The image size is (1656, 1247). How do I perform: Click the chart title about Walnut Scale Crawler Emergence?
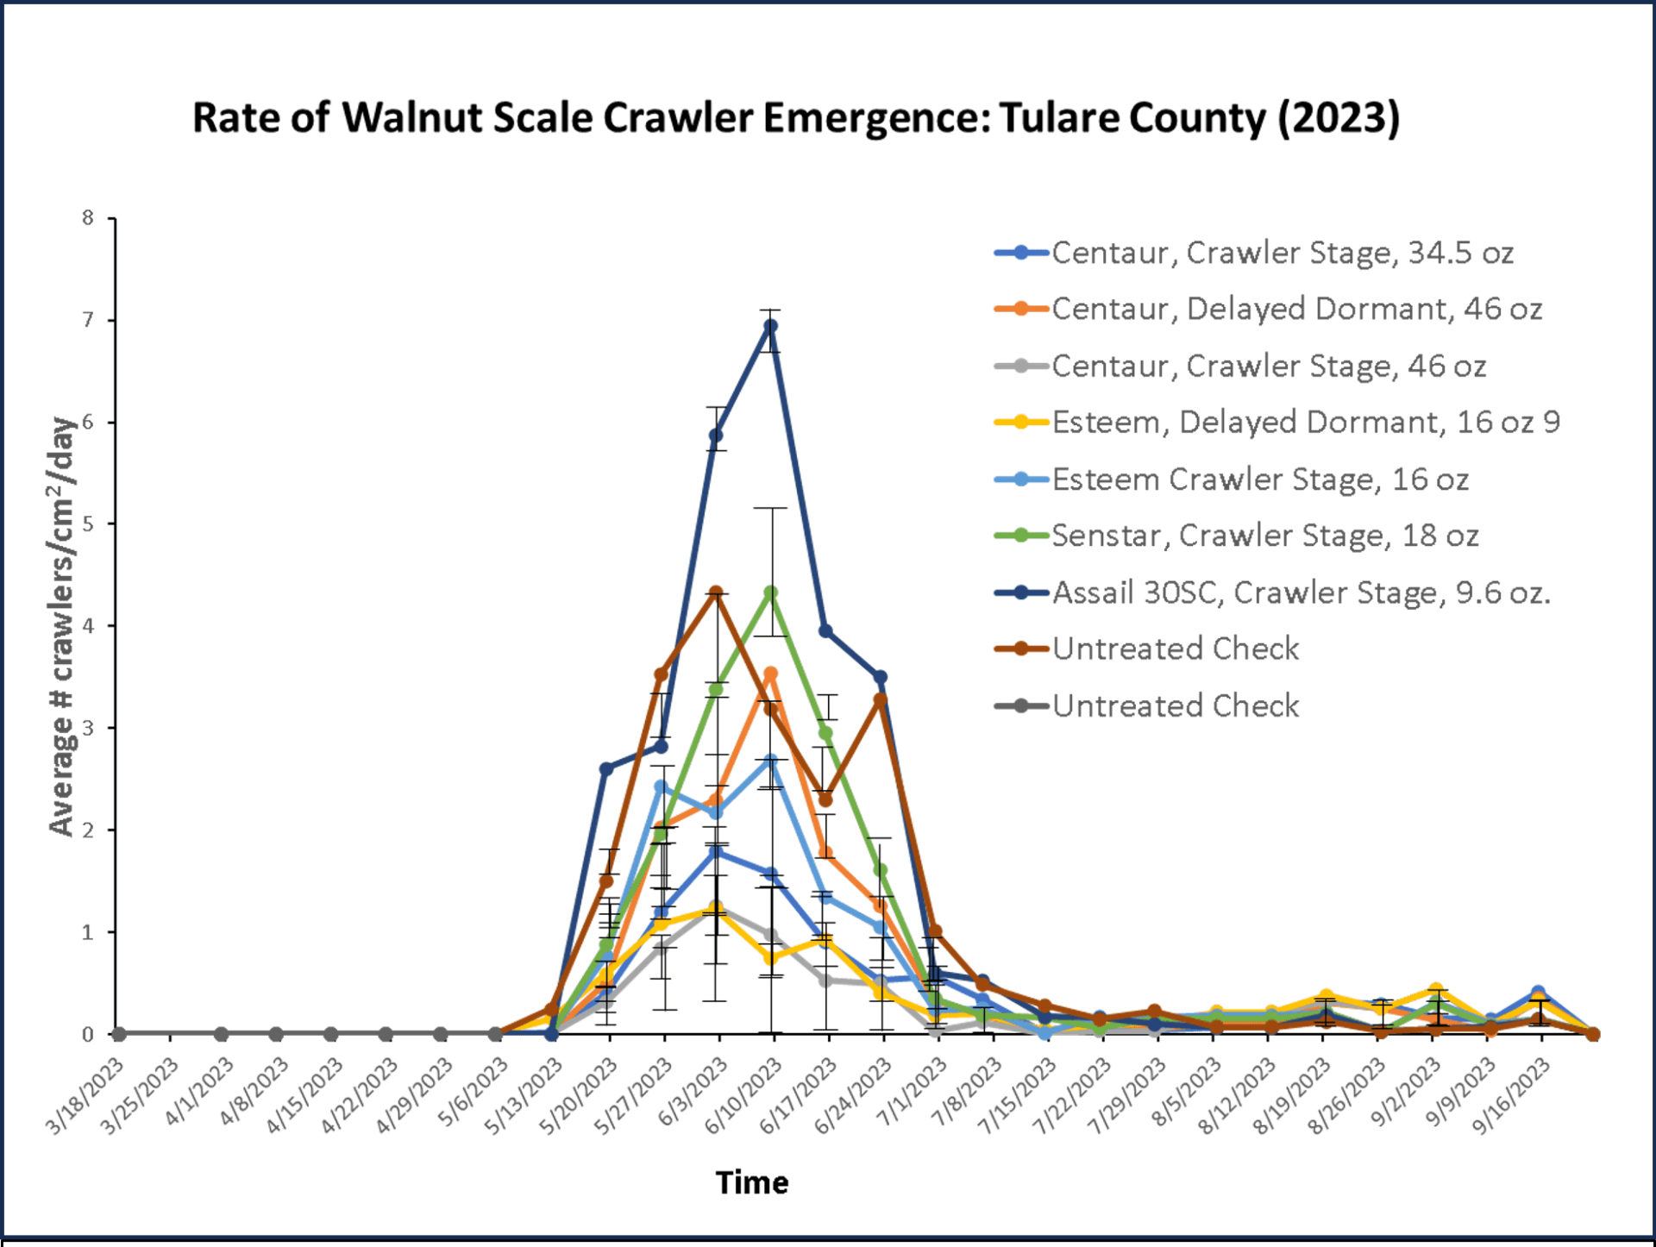[795, 118]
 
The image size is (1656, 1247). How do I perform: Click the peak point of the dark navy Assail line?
[771, 326]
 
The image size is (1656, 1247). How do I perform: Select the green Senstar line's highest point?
[771, 593]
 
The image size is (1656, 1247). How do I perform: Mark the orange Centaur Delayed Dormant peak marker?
[771, 674]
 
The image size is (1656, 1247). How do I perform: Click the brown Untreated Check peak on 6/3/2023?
[716, 592]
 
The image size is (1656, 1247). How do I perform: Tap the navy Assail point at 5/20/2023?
[606, 769]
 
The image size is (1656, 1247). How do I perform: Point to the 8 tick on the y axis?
[88, 218]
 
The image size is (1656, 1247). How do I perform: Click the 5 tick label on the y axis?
[88, 524]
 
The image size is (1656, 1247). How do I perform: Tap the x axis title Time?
[752, 1182]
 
